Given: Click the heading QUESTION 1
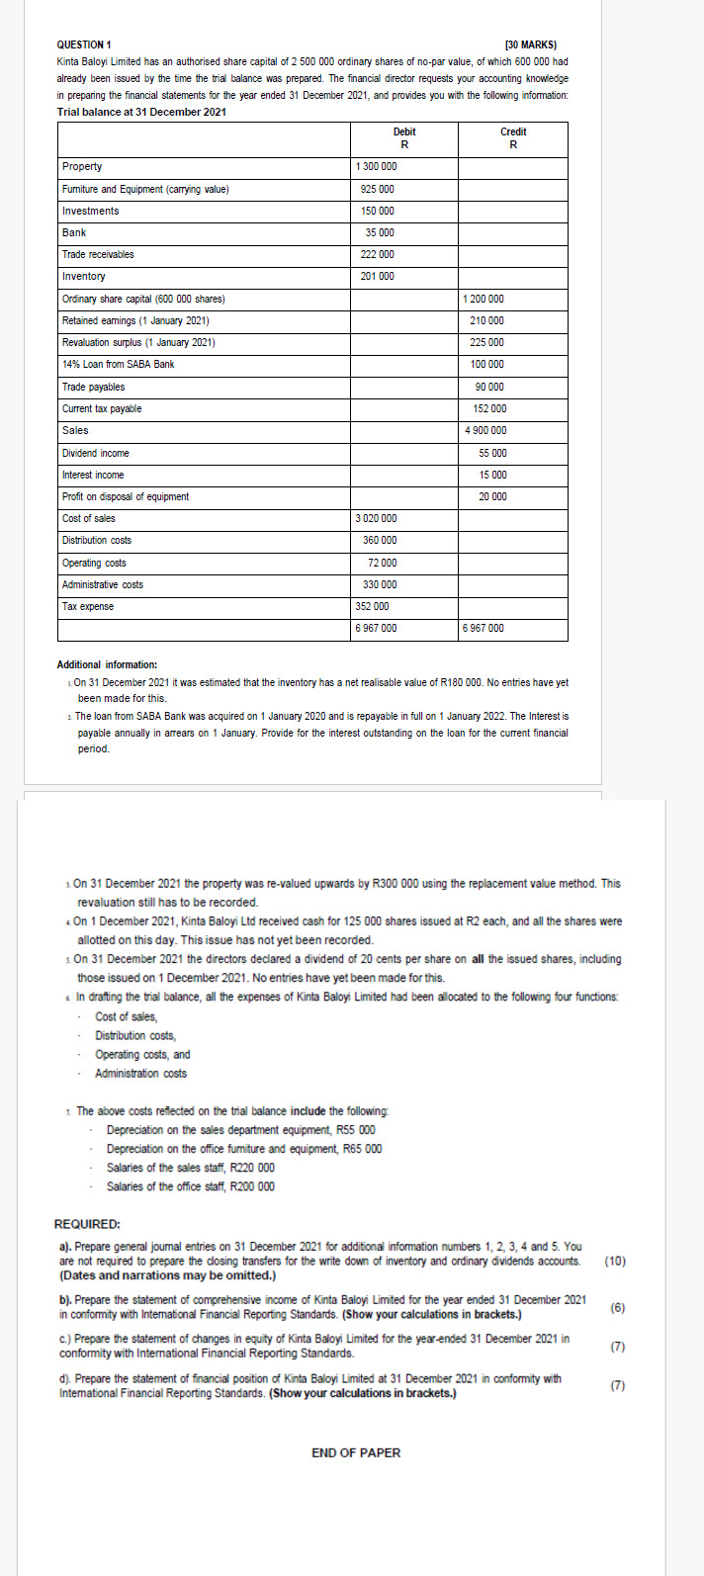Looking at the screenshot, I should [x=84, y=44].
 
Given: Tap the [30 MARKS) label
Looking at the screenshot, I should [x=530, y=44].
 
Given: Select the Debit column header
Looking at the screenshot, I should [x=404, y=131].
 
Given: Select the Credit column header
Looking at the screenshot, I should [x=513, y=131].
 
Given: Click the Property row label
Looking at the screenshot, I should [x=82, y=166].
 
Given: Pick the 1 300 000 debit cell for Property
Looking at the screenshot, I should [x=376, y=166].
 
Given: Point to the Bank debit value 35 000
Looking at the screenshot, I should [x=380, y=232].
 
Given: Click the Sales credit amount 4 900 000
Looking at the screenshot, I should [x=485, y=430].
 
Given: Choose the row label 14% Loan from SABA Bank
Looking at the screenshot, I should [x=118, y=364].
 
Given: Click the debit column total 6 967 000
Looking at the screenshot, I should [x=376, y=628].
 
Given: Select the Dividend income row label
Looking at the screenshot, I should [x=96, y=453].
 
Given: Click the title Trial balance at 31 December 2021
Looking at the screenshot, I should [x=141, y=112].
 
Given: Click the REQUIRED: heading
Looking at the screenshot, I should [x=87, y=1223].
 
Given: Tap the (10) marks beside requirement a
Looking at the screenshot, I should [x=614, y=1261].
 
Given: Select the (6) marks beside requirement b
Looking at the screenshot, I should [x=617, y=1307].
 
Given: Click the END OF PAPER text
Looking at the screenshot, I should [x=356, y=1452].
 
